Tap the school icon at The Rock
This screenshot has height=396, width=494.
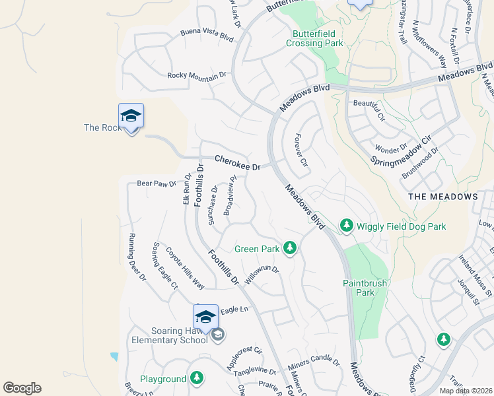point(131,116)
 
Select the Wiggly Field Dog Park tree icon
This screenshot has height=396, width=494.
point(346,226)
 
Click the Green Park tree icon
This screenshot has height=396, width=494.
point(289,248)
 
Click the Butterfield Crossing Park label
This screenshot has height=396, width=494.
point(315,38)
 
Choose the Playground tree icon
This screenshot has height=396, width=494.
point(196,378)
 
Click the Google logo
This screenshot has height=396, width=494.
point(22,388)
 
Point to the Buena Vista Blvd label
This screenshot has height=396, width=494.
point(207,35)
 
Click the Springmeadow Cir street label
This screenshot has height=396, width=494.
point(400,151)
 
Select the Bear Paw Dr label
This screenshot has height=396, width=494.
point(157,183)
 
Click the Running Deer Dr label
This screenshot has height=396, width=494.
point(137,258)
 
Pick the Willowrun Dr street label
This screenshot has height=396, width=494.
point(262,275)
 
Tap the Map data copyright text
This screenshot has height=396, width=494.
point(465,391)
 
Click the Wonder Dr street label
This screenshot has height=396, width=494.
point(391,148)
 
